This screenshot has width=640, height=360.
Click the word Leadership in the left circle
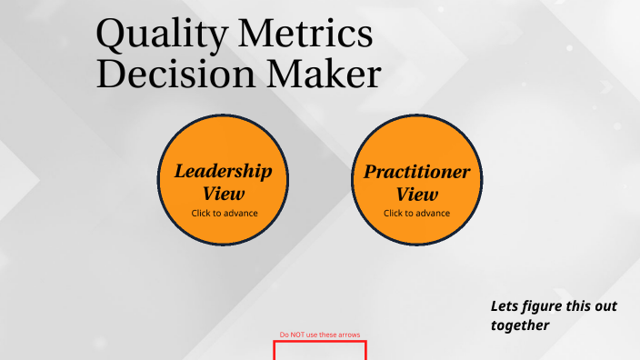223,171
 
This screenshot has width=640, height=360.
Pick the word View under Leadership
224,194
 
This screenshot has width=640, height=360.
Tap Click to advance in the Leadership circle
225,214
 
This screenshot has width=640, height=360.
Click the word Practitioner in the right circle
417,172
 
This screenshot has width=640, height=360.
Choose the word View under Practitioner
417,194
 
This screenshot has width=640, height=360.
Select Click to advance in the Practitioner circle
417,214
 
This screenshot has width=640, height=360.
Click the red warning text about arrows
320,335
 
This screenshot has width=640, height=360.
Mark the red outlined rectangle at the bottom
320,350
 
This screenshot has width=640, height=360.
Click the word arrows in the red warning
349,335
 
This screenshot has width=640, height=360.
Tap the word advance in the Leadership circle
242,214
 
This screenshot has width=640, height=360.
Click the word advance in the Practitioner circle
435,214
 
